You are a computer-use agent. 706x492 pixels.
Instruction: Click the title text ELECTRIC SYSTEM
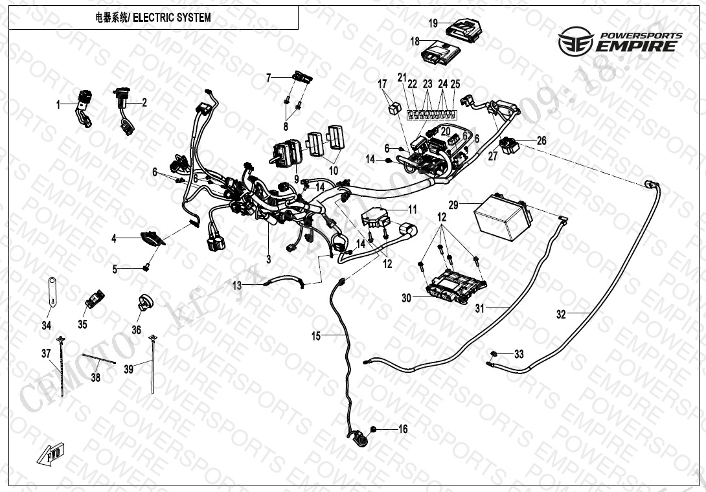click(172, 17)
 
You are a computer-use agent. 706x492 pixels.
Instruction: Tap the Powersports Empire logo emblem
click(574, 40)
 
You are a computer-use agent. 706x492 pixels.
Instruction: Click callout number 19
click(433, 23)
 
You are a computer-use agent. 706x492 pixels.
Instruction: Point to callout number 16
click(403, 429)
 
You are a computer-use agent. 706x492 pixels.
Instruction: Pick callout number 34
click(47, 326)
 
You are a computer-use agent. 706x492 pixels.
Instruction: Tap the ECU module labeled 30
click(453, 285)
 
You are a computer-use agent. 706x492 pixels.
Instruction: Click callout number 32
click(561, 315)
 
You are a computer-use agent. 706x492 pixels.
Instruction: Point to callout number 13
click(237, 285)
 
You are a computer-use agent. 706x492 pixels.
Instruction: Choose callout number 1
click(58, 104)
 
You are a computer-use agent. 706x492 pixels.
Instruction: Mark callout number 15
click(316, 335)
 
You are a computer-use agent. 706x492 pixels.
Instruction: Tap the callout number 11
click(412, 208)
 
